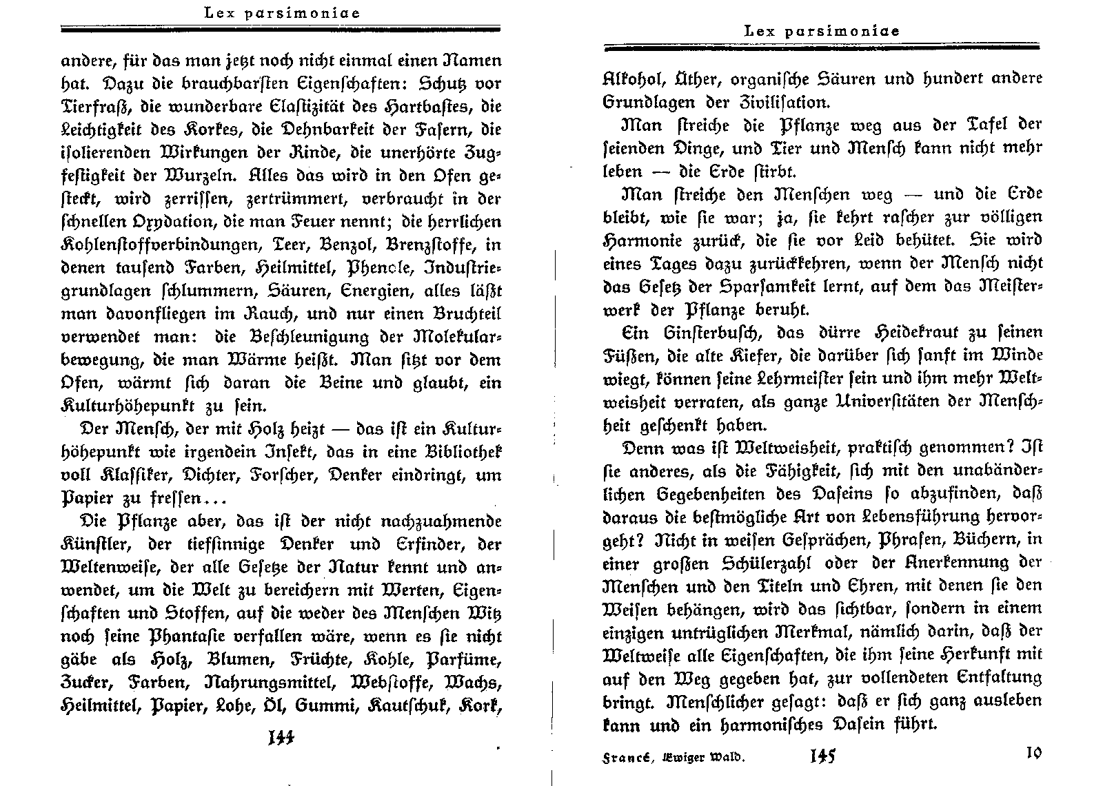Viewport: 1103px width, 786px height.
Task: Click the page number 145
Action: [823, 756]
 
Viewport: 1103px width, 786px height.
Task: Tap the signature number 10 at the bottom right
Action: [1033, 752]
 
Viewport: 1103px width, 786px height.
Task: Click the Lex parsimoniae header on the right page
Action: [822, 31]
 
